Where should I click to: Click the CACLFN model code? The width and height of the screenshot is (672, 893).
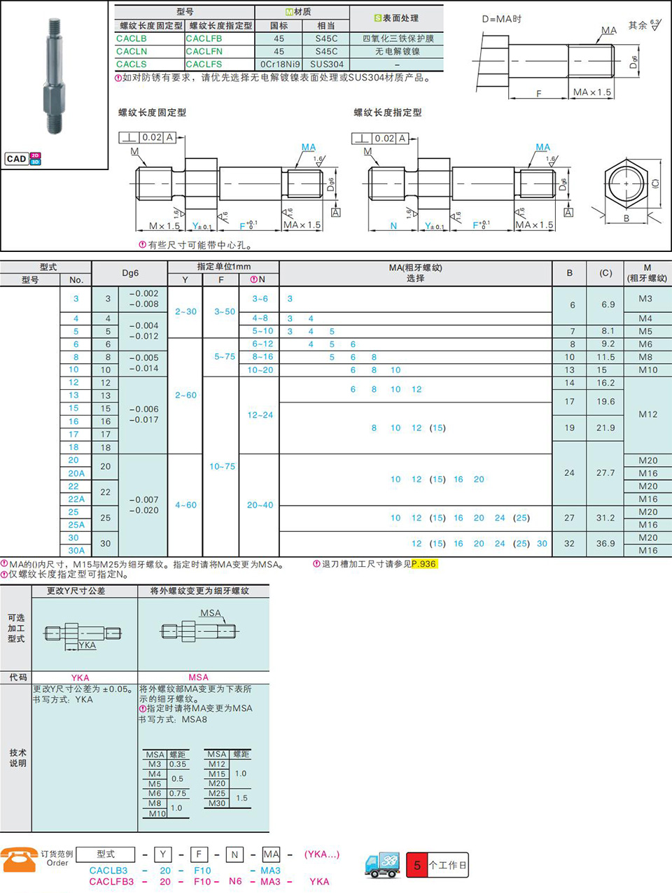coord(204,51)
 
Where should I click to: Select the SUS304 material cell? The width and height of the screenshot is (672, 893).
coord(327,64)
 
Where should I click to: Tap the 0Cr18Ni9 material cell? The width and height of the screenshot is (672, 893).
coord(279,64)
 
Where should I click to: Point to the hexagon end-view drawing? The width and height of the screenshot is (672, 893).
coord(626,184)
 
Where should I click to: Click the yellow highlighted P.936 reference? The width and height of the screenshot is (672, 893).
coord(424,564)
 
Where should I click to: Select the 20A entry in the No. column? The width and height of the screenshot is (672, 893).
coord(76,473)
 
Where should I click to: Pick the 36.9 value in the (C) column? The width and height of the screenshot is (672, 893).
coord(605,543)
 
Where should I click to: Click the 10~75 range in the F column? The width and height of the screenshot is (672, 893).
coord(222,466)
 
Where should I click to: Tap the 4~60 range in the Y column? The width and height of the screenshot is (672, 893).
coord(186,505)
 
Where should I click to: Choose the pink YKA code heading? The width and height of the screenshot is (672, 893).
coord(80,677)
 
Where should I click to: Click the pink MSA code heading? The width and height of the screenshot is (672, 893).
coord(199,677)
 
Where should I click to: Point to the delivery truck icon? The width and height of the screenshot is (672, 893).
coord(382,865)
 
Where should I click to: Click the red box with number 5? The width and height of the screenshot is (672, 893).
coord(416,865)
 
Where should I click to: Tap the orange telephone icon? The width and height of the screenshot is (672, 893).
coord(19,859)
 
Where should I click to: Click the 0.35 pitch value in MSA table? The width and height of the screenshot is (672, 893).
coord(177,764)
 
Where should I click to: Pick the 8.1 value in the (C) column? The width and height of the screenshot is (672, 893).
coord(608,331)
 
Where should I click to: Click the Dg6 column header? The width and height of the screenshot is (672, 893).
coord(130,273)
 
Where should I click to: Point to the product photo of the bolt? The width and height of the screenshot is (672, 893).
coord(54,76)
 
